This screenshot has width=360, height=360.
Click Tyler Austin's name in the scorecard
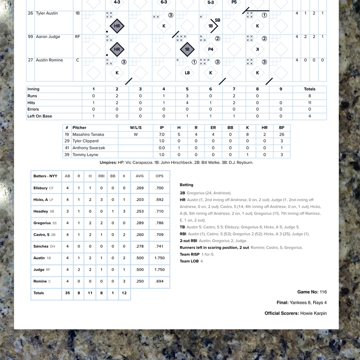[47, 13]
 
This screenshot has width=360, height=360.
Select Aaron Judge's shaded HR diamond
[117, 50]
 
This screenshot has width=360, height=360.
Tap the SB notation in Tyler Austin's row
[217, 21]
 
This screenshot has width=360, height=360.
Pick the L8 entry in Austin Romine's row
[187, 73]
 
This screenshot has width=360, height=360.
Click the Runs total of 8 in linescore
[309, 96]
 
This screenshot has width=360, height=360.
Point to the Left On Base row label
[40, 116]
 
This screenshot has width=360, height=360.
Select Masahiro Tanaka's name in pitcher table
[88, 134]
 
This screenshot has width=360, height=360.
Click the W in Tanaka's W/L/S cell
[136, 134]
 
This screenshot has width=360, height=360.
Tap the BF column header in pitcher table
[282, 127]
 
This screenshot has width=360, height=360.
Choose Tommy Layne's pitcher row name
[85, 155]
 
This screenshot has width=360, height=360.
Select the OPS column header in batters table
[159, 176]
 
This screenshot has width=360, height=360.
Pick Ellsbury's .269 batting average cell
[140, 188]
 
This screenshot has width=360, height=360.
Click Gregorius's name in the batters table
[42, 223]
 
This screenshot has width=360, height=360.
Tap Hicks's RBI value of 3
[101, 200]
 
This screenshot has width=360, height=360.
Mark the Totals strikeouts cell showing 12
[124, 293]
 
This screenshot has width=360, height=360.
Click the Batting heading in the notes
[186, 185]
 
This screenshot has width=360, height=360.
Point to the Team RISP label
[190, 255]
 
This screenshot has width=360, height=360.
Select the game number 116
[323, 292]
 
